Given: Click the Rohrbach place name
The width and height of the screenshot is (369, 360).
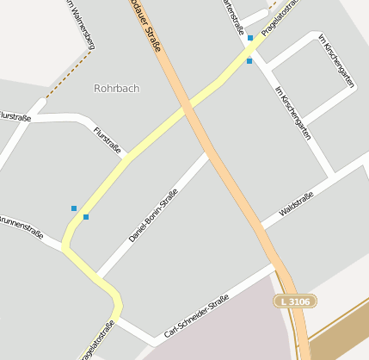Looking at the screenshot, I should click(116, 88).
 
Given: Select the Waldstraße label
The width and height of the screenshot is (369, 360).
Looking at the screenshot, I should click(296, 205).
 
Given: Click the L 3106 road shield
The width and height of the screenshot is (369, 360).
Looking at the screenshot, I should click(296, 301).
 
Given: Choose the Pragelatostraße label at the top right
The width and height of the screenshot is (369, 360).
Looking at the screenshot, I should click(280, 17).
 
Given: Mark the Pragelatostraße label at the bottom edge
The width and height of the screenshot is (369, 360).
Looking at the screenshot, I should click(97, 342).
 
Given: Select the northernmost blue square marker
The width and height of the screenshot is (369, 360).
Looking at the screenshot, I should click(250, 38).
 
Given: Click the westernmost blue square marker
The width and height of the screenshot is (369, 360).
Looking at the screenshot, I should click(74, 208).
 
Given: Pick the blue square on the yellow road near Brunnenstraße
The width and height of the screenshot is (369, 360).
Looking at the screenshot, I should click(86, 217).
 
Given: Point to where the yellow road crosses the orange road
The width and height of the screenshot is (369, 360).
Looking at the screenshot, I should click(186, 107).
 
